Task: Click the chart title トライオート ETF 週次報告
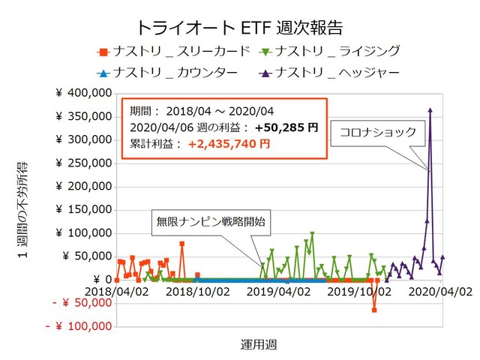[239, 28]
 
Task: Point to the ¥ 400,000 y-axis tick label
[84, 94]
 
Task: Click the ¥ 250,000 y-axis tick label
[84, 163]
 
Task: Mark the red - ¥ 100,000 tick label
[79, 327]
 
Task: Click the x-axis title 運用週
[259, 343]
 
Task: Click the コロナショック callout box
[377, 131]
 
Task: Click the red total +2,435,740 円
[229, 144]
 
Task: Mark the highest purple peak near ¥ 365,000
[430, 109]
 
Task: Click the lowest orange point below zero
[373, 310]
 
